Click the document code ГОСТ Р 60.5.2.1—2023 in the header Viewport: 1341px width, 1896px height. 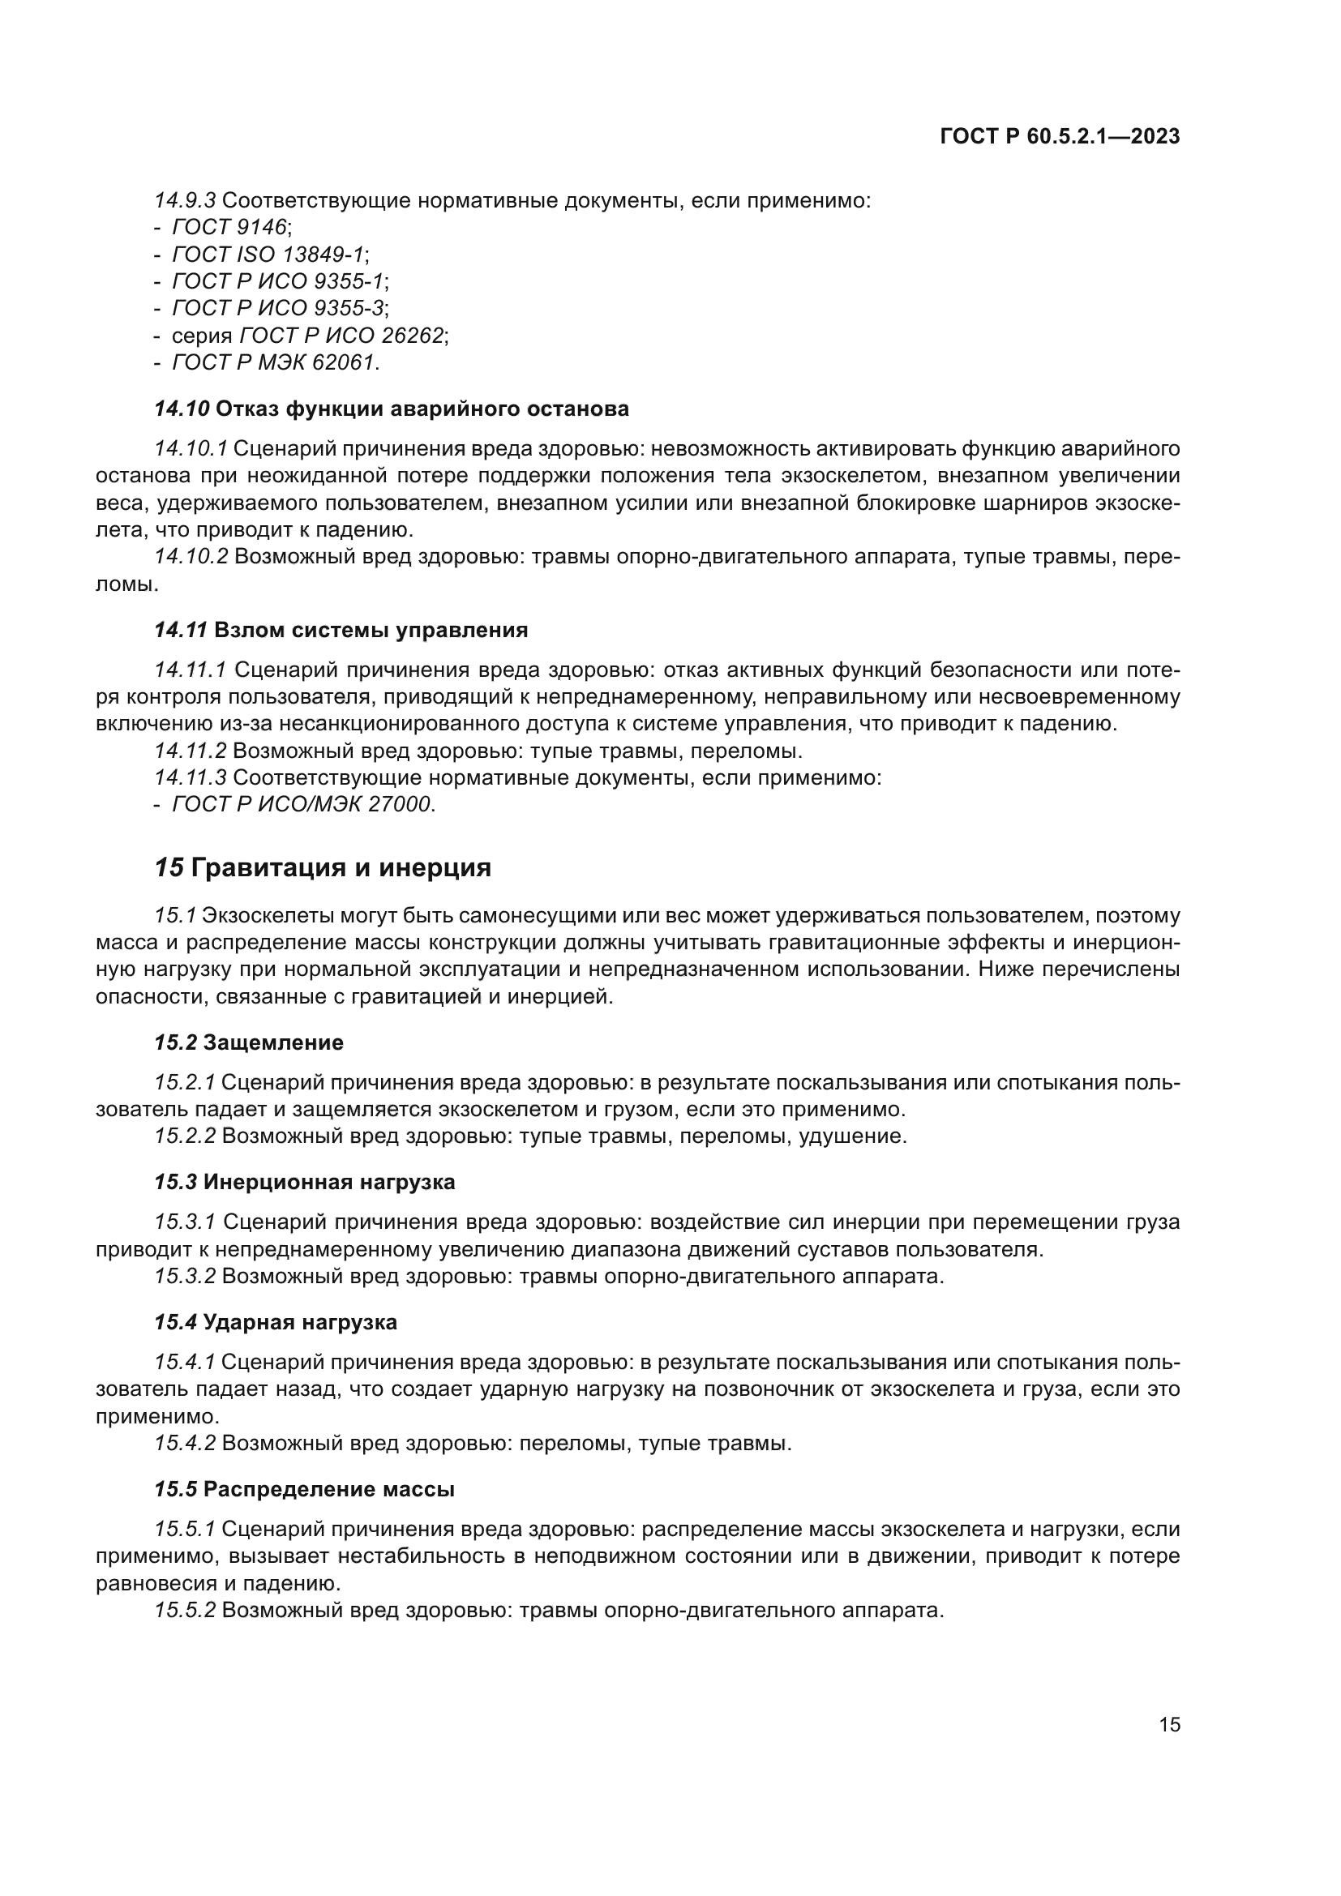pos(1060,137)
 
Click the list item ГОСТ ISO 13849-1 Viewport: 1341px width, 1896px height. pos(269,255)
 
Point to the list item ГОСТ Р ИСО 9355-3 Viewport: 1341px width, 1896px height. pos(279,308)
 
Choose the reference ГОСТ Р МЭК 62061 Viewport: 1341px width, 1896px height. pos(274,362)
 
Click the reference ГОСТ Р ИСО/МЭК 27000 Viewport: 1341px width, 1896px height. pos(302,804)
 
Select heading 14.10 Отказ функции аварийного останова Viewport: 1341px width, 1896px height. pos(392,409)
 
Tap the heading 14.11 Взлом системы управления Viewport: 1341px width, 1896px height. pos(341,630)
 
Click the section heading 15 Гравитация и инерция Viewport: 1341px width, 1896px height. pos(323,868)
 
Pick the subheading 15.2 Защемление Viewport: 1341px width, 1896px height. pos(249,1043)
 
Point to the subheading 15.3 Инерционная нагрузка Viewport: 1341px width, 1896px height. pos(305,1182)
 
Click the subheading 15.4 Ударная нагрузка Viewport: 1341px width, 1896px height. pos(276,1322)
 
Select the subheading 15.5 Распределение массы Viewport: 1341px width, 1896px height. pos(305,1490)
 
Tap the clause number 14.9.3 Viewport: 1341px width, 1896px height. pos(185,201)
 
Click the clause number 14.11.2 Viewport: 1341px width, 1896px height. pos(190,751)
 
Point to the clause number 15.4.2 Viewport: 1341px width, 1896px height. pos(185,1444)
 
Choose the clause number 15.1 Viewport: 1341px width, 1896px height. pos(174,916)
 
